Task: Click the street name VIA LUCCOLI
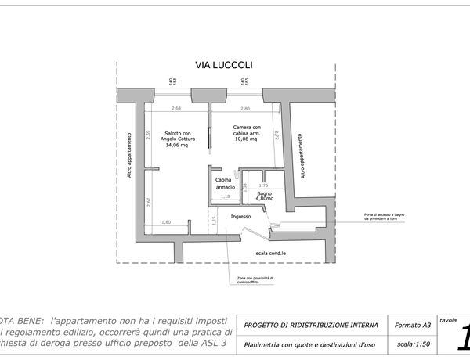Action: [223, 67]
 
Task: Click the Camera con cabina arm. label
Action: [251, 131]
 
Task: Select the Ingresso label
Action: [240, 217]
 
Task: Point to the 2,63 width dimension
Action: [176, 108]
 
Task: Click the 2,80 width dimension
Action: [245, 108]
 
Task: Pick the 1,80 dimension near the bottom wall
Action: [166, 223]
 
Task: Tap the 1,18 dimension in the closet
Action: [226, 197]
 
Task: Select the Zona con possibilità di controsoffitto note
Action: [255, 280]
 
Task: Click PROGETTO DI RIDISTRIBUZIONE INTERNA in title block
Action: [311, 325]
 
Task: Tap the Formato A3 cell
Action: [412, 325]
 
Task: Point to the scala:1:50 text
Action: [414, 343]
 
